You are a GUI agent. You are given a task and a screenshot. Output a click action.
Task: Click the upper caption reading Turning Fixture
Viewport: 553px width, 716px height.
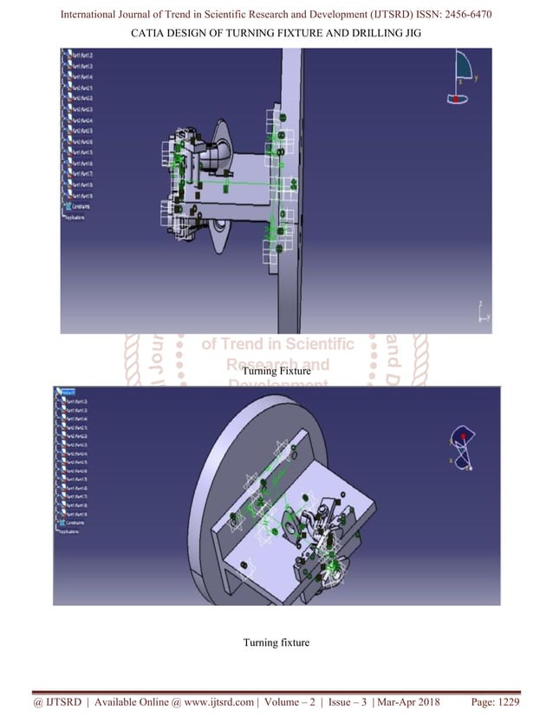(x=276, y=371)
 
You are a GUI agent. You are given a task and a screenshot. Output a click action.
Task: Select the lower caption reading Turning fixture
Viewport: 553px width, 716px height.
(x=276, y=642)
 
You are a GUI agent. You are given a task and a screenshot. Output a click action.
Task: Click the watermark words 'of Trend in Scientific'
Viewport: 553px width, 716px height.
(x=277, y=344)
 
